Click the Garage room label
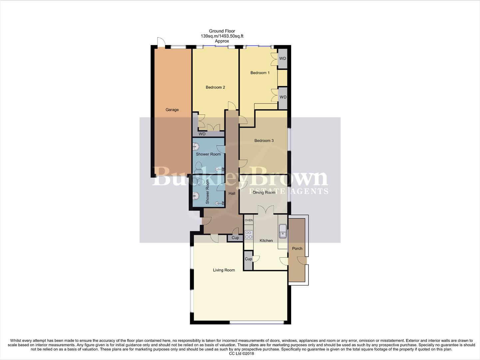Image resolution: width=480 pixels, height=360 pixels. point(172,110)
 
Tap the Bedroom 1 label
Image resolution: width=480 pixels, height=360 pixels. point(260,73)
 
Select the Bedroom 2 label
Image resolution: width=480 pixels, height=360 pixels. point(215,87)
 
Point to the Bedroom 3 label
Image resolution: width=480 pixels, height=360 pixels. point(264,141)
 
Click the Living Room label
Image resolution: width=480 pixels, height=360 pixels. point(224,270)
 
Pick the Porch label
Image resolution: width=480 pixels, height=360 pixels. point(297,249)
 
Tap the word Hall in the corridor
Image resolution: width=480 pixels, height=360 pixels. point(232,193)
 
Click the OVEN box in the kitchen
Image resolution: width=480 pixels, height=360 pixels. point(248,220)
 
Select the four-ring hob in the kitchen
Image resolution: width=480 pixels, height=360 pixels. point(248,235)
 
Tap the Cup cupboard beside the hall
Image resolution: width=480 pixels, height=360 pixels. point(235,238)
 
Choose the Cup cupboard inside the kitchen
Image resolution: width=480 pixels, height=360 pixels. point(248,259)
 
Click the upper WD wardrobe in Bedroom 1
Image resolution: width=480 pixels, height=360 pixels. point(282,59)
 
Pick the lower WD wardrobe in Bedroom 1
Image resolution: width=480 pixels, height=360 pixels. point(283,97)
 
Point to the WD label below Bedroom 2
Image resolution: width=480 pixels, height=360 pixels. point(202,134)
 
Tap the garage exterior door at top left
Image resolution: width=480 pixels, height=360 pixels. point(161,42)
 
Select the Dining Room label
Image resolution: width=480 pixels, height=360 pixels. point(264,193)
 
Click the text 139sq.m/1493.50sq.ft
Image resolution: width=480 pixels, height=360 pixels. point(222,36)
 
